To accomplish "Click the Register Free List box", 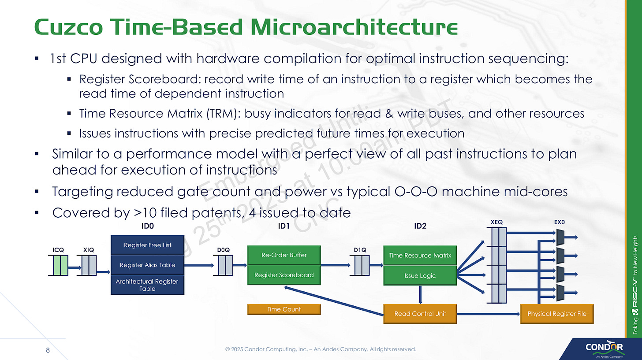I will [147, 245].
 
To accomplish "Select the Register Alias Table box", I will [147, 265].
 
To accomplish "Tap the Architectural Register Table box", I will [147, 285].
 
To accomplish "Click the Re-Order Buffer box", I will [284, 255].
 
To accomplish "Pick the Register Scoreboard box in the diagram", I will [284, 275].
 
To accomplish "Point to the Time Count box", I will [284, 309].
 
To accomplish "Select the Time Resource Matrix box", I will [420, 255].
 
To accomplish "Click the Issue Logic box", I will [420, 275].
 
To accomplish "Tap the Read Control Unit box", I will [420, 314].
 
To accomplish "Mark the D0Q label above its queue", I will [224, 250].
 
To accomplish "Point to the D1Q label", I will [360, 250].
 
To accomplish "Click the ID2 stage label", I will [420, 226].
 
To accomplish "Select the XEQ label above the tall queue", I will [496, 223].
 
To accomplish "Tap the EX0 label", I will [559, 223].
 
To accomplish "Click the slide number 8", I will [48, 350].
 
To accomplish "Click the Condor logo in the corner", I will [604, 349].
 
